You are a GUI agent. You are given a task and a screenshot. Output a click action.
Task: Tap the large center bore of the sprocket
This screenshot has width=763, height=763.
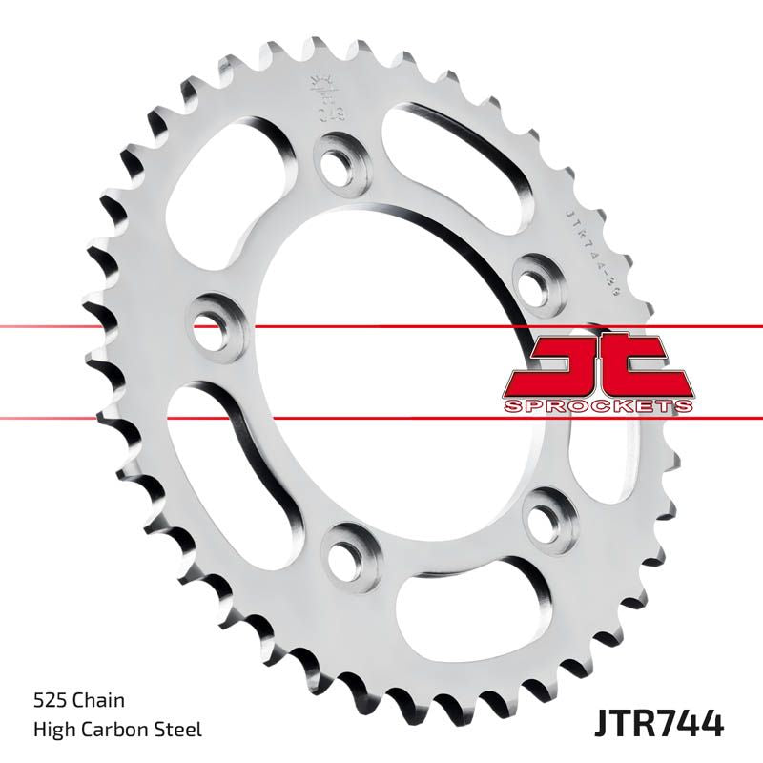[381, 381]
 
